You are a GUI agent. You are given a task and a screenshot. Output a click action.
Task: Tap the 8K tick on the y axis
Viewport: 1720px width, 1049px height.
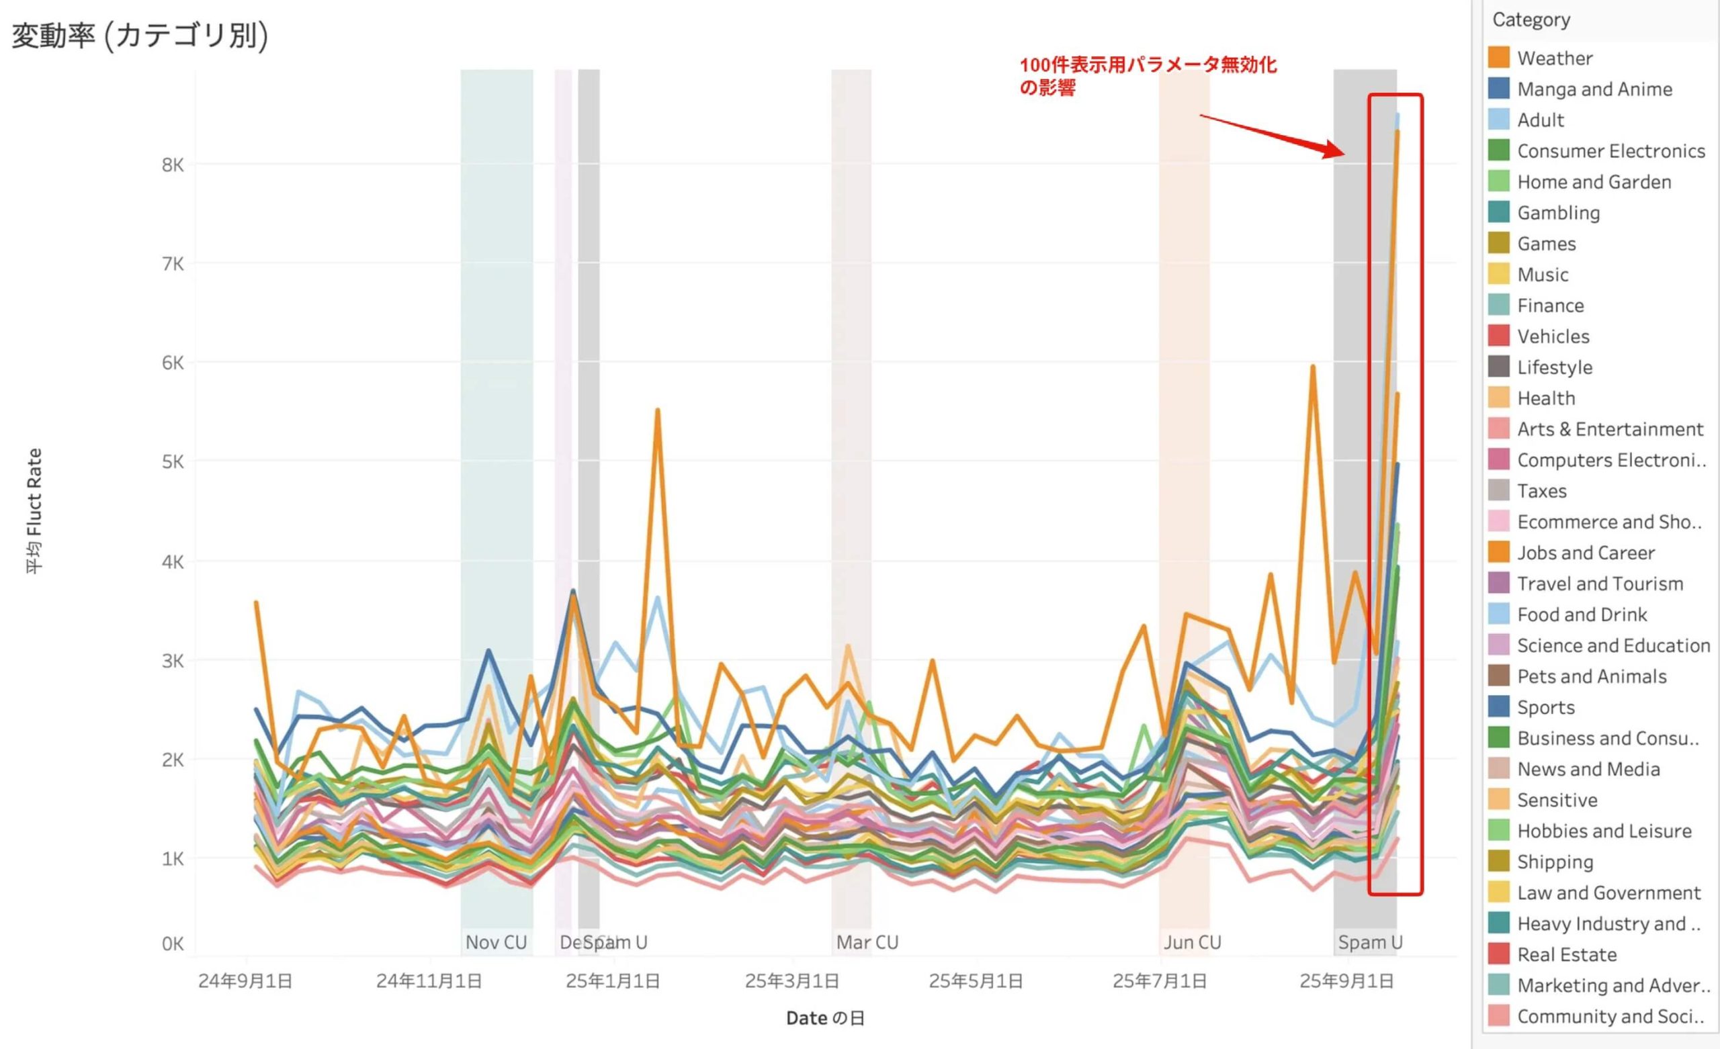[173, 165]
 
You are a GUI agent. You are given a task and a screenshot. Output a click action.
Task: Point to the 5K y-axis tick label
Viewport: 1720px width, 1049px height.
[173, 462]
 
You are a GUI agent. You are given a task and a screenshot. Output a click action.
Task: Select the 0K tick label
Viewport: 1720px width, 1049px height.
[173, 944]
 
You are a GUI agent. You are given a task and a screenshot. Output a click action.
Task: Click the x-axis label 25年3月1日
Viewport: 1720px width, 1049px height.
[791, 981]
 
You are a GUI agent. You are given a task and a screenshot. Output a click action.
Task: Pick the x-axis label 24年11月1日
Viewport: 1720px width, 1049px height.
[429, 981]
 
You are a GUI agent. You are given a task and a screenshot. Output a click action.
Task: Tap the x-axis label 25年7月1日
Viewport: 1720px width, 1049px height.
[1160, 981]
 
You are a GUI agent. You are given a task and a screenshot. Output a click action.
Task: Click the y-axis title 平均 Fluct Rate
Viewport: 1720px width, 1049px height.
[34, 511]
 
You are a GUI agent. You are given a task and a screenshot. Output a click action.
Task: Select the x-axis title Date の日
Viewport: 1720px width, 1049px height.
[825, 1018]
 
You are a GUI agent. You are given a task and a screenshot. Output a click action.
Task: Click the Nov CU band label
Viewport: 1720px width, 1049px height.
[496, 942]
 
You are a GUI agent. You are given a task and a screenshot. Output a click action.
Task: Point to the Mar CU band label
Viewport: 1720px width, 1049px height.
[867, 942]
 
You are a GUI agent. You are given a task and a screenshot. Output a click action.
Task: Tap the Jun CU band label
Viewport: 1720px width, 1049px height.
[1193, 942]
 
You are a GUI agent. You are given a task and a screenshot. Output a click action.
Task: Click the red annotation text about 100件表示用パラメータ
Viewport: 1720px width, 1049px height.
[1148, 75]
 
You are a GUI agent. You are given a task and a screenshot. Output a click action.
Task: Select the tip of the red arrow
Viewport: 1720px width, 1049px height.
[1343, 154]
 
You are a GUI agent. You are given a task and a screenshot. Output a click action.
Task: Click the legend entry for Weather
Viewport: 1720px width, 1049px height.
[1555, 58]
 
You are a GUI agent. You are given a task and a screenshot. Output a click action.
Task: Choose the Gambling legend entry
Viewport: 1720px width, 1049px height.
[1558, 213]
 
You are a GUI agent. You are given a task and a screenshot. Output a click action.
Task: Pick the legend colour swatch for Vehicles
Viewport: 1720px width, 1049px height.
[1499, 336]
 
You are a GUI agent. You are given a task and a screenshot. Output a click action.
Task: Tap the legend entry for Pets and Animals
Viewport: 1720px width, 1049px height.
[1592, 676]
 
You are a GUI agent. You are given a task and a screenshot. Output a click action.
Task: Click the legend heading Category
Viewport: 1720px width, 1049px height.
[1531, 19]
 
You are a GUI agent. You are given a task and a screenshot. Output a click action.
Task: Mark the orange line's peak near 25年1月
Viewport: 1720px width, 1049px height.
[658, 410]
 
